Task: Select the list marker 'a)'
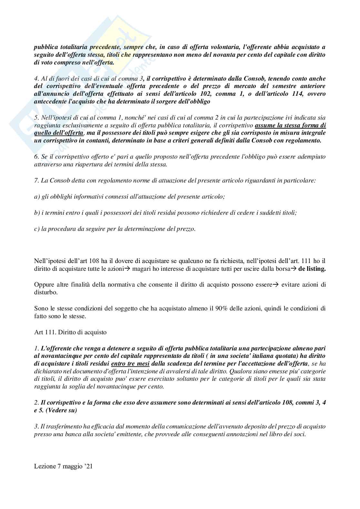(x=37, y=196)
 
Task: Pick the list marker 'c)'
(x=37, y=229)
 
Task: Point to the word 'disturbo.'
(x=45, y=292)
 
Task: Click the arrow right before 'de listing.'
(x=294, y=269)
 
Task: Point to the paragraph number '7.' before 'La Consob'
(x=36, y=180)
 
